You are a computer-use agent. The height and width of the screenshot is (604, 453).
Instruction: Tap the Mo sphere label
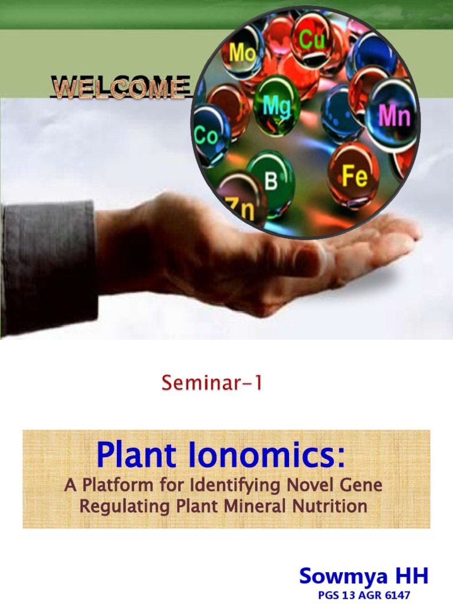click(x=242, y=52)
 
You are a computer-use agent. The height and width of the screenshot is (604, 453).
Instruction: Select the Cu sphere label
click(x=313, y=40)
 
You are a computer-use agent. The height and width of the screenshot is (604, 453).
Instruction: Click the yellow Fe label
click(x=355, y=176)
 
